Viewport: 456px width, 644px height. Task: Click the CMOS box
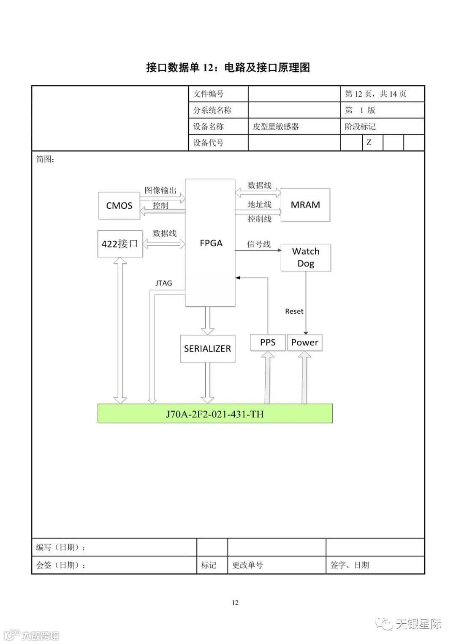(119, 205)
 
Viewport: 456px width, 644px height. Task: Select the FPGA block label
(211, 243)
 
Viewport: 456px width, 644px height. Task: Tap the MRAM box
(305, 205)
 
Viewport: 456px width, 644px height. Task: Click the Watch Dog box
(306, 257)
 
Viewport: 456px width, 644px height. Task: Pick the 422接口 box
(120, 243)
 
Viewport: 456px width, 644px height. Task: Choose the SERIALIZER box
(207, 348)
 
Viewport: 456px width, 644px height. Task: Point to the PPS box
(267, 342)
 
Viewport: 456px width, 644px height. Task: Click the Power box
(304, 342)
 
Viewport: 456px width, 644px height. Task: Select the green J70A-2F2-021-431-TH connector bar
(215, 413)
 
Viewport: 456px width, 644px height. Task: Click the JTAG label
(163, 283)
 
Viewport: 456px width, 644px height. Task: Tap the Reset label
(294, 311)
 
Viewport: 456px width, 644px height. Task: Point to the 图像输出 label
(160, 190)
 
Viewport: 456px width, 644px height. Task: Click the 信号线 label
(258, 244)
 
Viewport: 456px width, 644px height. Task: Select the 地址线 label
(259, 205)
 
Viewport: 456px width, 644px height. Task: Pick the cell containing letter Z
(369, 142)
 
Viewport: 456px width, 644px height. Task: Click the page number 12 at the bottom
(235, 602)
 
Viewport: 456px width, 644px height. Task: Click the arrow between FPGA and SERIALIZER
(207, 320)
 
